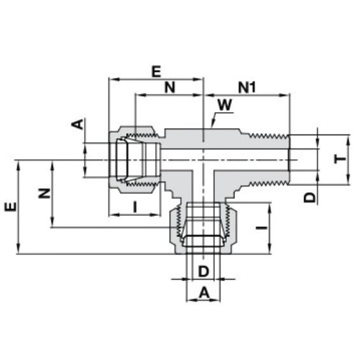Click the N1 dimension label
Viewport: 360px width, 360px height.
click(x=247, y=87)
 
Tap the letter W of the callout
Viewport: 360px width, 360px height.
click(x=225, y=105)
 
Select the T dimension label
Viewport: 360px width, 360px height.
click(x=340, y=159)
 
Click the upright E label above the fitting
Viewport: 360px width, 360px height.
click(x=156, y=71)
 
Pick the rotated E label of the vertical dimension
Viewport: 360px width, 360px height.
click(x=11, y=206)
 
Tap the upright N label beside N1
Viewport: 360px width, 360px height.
click(x=170, y=87)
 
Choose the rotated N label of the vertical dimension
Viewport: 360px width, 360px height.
click(x=45, y=193)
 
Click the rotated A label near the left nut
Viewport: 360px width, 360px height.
click(x=78, y=124)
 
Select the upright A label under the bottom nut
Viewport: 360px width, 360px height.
click(x=204, y=292)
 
